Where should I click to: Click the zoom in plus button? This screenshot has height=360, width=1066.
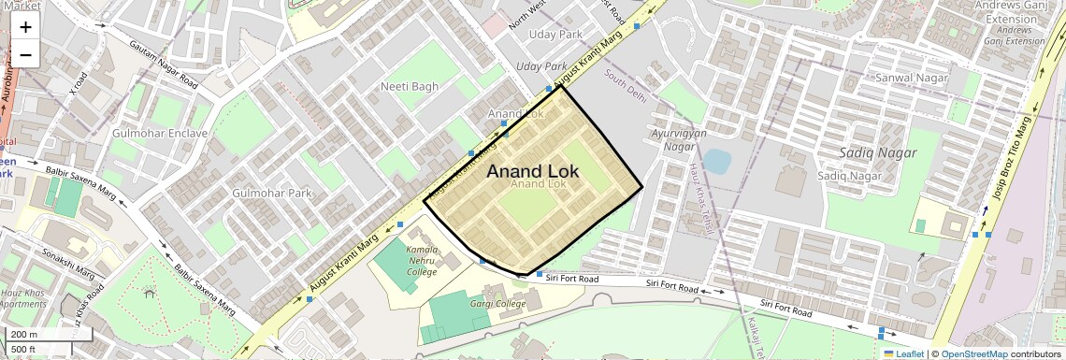point(25,26)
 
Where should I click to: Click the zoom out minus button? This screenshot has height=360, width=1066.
point(25,54)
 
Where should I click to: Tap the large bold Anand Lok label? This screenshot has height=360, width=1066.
point(533,171)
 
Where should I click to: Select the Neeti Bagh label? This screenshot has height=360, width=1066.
point(410,87)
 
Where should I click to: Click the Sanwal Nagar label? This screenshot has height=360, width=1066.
point(905,78)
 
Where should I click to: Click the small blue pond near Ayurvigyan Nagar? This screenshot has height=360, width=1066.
point(716,162)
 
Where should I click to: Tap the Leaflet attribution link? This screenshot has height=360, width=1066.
point(903,353)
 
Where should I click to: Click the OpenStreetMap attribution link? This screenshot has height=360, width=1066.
point(973,353)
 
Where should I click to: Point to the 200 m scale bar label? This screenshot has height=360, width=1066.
point(25,335)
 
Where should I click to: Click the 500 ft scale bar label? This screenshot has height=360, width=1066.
point(24,350)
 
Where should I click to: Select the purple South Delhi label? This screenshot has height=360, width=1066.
point(626,85)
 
